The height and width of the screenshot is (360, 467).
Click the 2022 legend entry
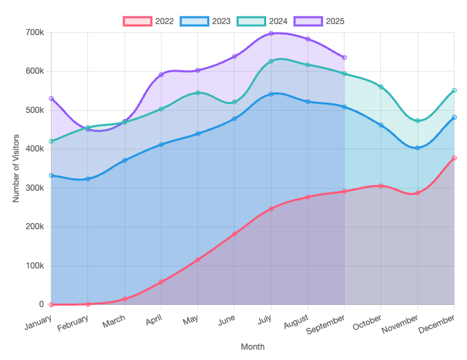click(x=149, y=21)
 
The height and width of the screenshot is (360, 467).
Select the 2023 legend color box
click(x=194, y=21)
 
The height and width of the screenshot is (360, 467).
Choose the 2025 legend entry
click(x=319, y=21)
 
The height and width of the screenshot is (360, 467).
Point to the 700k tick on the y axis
click(x=34, y=32)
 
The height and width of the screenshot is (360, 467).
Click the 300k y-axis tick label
click(x=34, y=188)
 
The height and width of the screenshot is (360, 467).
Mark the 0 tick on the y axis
click(x=41, y=304)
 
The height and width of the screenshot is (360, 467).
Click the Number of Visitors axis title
click(x=16, y=169)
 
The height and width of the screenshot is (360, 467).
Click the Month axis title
click(x=252, y=347)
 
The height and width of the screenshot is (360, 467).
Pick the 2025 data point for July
click(x=271, y=33)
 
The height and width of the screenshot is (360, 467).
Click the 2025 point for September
click(x=344, y=57)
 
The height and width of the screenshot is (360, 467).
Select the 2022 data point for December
click(x=454, y=158)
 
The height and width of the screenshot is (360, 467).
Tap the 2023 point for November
click(x=417, y=148)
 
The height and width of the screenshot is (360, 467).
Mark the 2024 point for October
click(x=381, y=87)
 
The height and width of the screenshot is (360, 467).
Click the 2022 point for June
click(x=235, y=234)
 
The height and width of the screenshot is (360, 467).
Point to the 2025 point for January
click(x=51, y=98)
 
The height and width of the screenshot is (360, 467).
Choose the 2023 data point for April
click(x=161, y=145)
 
